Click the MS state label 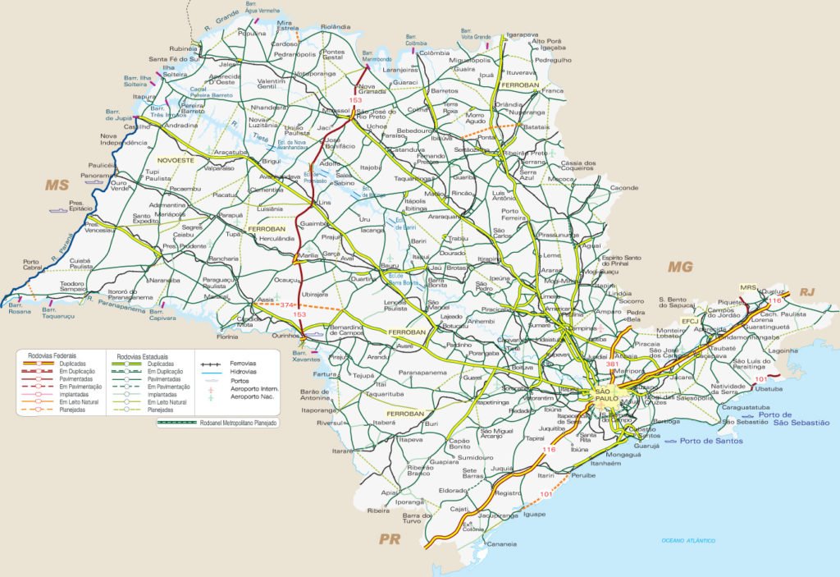click(57, 185)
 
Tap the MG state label click(680, 266)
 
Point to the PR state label click(389, 539)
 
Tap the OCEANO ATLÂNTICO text click(689, 540)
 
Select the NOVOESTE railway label click(175, 161)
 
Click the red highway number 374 click(286, 305)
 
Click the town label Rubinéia click(185, 49)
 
